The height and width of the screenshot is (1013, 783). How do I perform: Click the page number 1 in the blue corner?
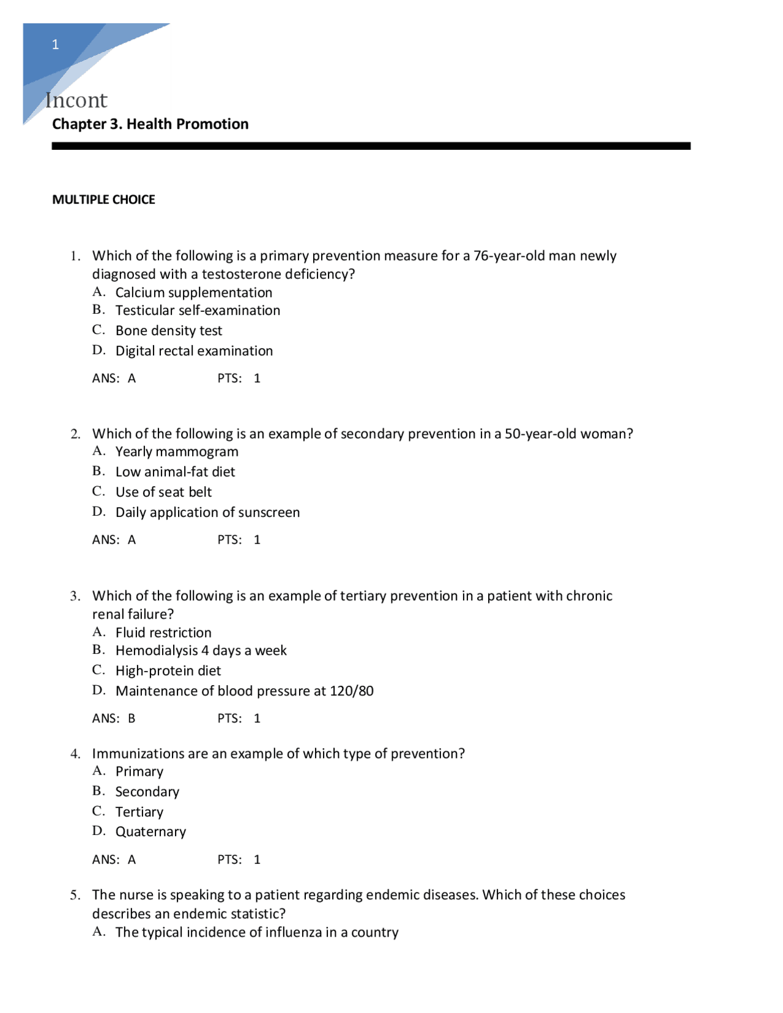point(56,45)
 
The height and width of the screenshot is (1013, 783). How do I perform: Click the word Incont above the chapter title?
point(76,100)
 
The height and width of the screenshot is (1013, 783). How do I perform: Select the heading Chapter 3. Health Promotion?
point(150,124)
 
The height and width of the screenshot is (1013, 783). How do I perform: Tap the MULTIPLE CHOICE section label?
point(103,199)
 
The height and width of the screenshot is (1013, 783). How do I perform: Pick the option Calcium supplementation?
point(193,292)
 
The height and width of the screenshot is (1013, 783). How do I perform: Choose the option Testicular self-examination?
point(198,310)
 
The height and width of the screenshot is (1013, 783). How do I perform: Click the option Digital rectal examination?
point(194,351)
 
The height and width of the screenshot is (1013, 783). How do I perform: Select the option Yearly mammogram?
point(177,451)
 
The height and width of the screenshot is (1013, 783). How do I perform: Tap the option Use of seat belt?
point(163,492)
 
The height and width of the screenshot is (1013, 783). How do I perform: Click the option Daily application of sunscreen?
point(207,512)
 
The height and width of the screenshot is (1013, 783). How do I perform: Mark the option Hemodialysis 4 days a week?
point(201,650)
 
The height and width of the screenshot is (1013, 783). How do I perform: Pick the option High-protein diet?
point(168,670)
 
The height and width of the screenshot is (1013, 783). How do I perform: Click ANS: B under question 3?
point(114,718)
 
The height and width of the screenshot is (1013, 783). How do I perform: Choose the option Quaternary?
point(150,832)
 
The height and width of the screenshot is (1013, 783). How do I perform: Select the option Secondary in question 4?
point(147,792)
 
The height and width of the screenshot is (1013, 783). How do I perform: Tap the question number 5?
point(75,895)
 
